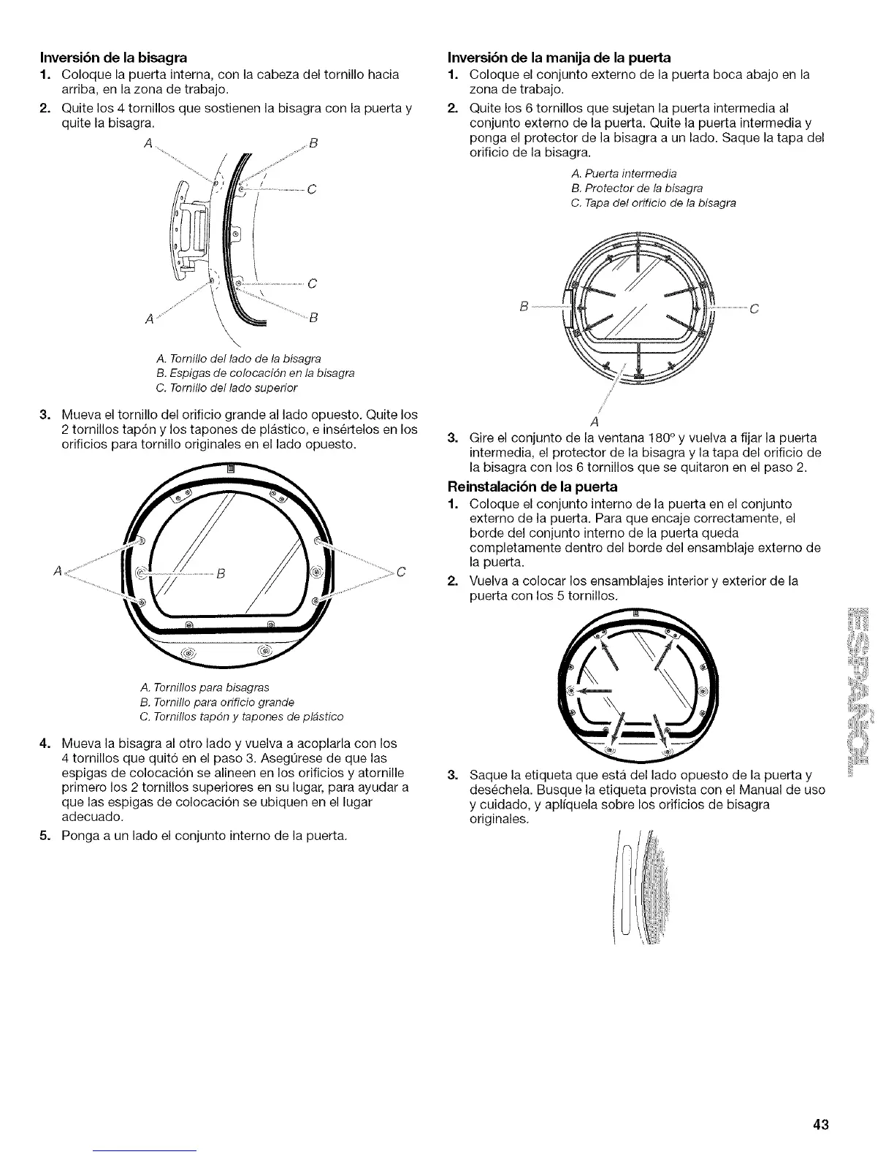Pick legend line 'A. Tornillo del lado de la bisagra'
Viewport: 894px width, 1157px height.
click(239, 359)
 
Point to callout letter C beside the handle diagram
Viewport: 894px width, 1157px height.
click(754, 308)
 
